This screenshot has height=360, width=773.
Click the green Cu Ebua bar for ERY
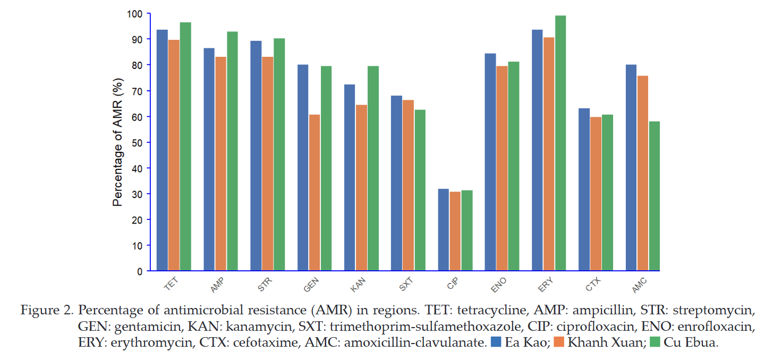point(560,143)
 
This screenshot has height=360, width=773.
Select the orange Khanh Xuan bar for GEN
point(315,192)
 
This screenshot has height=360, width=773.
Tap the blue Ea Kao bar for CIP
point(444,230)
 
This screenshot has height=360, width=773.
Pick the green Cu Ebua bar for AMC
point(655,196)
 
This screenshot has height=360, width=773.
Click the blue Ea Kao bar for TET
point(162,150)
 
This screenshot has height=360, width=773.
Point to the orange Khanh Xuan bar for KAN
point(361,187)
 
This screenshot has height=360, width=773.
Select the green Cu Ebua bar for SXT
point(420,190)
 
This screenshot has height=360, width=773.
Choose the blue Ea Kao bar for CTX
point(584,190)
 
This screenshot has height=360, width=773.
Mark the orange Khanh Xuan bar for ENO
point(502,168)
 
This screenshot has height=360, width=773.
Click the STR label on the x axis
point(265,285)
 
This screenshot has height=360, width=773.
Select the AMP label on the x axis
point(217,285)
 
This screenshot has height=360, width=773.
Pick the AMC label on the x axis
point(640,286)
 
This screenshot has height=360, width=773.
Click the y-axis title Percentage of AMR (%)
point(117,142)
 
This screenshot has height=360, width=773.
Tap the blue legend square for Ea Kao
point(496,342)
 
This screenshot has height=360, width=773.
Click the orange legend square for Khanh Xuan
point(559,342)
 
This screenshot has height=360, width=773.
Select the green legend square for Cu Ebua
point(655,342)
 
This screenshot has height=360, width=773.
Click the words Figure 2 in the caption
point(47,310)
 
